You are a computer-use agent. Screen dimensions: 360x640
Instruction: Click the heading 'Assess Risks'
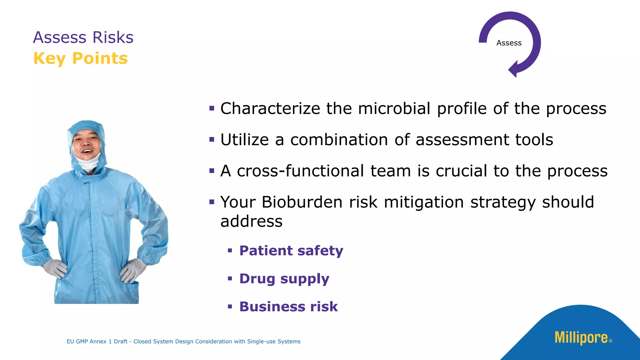click(83, 37)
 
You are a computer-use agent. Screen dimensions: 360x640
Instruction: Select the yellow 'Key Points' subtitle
click(81, 58)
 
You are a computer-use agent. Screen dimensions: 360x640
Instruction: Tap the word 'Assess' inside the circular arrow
click(509, 43)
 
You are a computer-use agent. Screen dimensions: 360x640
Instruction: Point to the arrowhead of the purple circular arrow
click(513, 69)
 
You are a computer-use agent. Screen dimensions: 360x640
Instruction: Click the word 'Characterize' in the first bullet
click(270, 109)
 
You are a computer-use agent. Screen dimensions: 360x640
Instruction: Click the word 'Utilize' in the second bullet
click(244, 140)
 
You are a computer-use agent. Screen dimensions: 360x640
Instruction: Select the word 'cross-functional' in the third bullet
click(300, 171)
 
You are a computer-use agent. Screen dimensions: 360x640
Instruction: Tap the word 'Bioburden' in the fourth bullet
click(302, 202)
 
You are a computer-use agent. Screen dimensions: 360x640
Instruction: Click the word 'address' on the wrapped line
click(251, 222)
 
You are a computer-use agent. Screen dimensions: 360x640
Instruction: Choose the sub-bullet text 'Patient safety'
click(291, 251)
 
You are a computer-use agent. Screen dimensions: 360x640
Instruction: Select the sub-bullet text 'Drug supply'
click(284, 279)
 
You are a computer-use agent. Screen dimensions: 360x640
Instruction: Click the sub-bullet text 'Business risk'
click(288, 307)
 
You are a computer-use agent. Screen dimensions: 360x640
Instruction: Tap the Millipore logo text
click(581, 338)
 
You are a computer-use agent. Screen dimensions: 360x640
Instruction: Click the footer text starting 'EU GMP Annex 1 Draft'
click(183, 342)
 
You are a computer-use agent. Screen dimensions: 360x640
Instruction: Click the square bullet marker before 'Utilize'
click(212, 139)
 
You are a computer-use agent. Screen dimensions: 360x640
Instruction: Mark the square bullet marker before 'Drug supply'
click(230, 278)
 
